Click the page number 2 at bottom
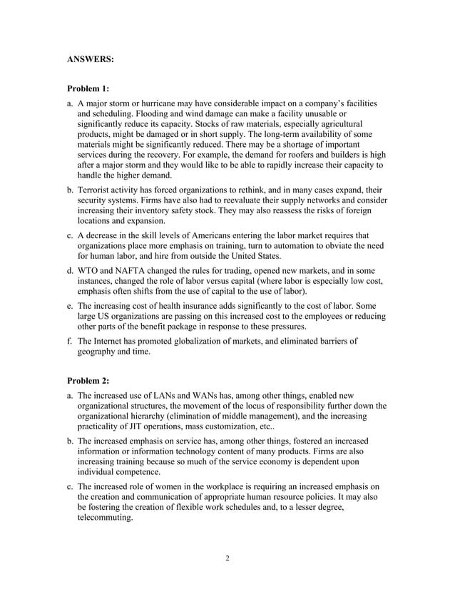[227, 558]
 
